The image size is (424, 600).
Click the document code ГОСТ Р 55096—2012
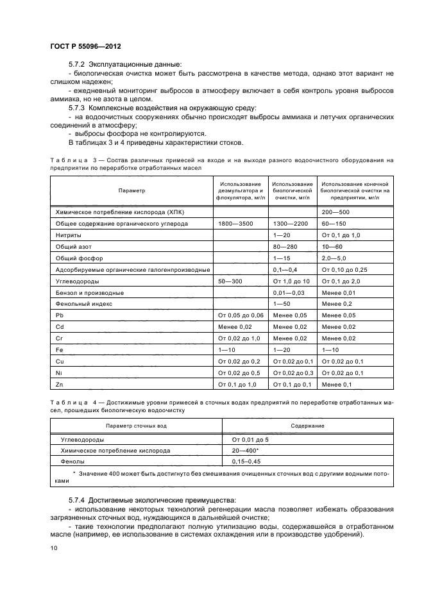85,47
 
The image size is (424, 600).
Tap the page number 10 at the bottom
53,548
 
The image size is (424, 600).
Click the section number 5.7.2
78,64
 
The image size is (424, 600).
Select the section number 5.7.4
78,499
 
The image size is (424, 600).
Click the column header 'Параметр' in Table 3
131,190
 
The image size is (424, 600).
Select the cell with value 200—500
335,212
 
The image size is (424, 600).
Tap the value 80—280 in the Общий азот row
285,246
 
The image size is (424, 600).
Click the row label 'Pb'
60,315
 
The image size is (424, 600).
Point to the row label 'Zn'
60,384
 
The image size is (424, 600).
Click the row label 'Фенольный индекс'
82,303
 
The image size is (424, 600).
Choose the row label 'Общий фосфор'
77,258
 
